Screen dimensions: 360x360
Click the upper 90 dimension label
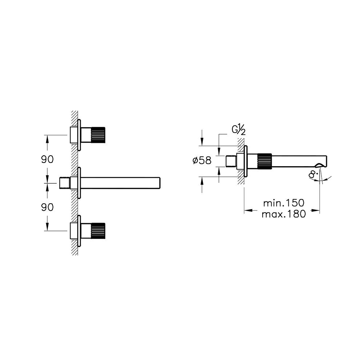pos(47,159)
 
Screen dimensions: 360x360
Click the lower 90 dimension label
pos(47,207)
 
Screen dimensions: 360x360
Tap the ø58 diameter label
pos(202,160)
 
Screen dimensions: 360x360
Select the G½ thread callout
pos(239,130)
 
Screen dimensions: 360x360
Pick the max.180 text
pos(283,214)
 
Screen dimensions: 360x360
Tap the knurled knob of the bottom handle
pos(98,231)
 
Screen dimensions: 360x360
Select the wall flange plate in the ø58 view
pos(246,161)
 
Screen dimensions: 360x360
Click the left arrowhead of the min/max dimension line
pos(246,210)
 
